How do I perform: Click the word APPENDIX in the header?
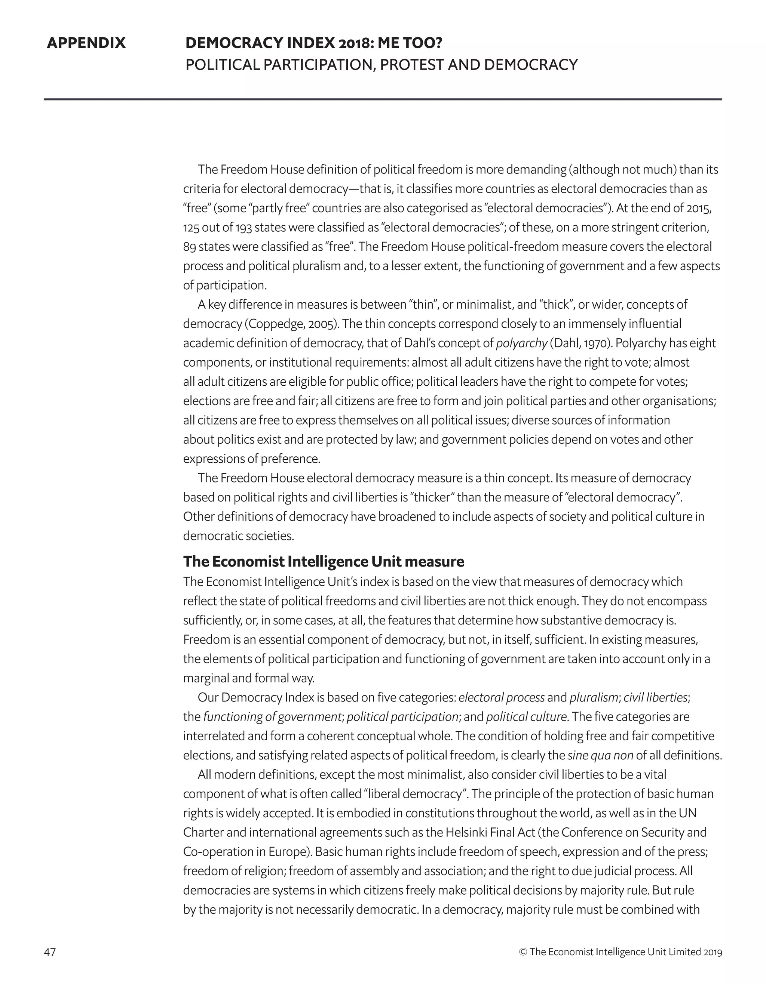pyautogui.click(x=86, y=43)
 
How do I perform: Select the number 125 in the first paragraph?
pyautogui.click(x=191, y=228)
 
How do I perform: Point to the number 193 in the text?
pyautogui.click(x=243, y=228)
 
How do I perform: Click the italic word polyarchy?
pyautogui.click(x=521, y=343)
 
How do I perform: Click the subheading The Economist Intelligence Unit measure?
pyautogui.click(x=323, y=562)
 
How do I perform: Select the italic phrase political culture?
pyautogui.click(x=526, y=717)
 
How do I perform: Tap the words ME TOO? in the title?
pyautogui.click(x=410, y=43)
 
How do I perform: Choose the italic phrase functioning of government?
pyautogui.click(x=272, y=717)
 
